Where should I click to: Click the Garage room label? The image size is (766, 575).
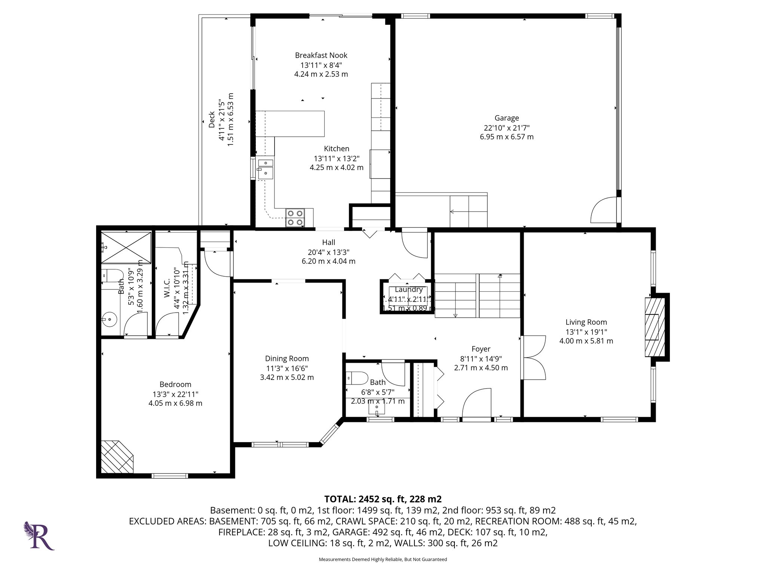tap(506, 118)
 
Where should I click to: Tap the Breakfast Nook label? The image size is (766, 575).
tap(321, 55)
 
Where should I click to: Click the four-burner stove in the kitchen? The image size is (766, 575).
tap(295, 218)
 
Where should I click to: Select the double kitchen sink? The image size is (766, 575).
tap(265, 168)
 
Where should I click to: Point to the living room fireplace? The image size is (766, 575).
tap(655, 327)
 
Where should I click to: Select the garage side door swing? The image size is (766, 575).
tap(604, 211)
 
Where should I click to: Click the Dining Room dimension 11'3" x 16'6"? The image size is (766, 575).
tap(287, 368)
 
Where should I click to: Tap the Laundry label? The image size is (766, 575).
tap(408, 289)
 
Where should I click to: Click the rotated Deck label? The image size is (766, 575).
tap(212, 119)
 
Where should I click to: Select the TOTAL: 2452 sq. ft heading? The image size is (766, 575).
tap(383, 499)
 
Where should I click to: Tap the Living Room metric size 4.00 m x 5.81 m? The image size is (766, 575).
tap(586, 341)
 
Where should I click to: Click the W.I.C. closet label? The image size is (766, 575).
tap(167, 288)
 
